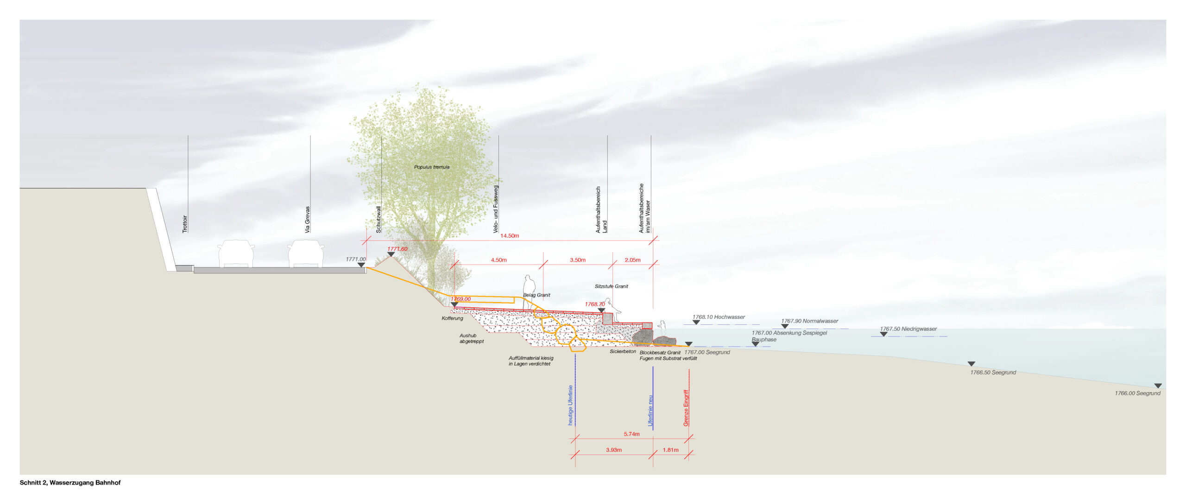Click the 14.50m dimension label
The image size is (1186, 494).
pyautogui.click(x=509, y=236)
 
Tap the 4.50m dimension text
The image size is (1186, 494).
pyautogui.click(x=498, y=260)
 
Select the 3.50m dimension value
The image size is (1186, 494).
pyautogui.click(x=577, y=260)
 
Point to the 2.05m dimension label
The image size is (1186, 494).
pyautogui.click(x=632, y=260)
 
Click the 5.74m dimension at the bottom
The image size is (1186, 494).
pyautogui.click(x=631, y=434)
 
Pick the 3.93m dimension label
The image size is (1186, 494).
pyautogui.click(x=613, y=450)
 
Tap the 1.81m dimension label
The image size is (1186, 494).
pyautogui.click(x=670, y=450)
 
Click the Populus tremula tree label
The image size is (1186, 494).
pyautogui.click(x=431, y=167)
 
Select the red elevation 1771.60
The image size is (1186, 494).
pyautogui.click(x=397, y=249)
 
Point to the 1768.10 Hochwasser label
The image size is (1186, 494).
pyautogui.click(x=719, y=317)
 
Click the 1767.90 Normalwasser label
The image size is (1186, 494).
pyautogui.click(x=809, y=321)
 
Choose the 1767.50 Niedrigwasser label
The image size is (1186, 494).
pyautogui.click(x=908, y=329)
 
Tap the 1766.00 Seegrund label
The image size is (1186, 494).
pyautogui.click(x=1137, y=393)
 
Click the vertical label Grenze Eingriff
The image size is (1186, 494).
pyautogui.click(x=686, y=408)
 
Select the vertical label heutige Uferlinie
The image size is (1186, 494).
pyautogui.click(x=570, y=405)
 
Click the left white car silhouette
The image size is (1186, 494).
pyautogui.click(x=236, y=254)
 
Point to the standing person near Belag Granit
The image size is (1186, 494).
pyautogui.click(x=529, y=292)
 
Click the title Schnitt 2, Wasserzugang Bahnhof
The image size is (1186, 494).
pyautogui.click(x=70, y=482)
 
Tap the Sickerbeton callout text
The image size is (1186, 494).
pyautogui.click(x=623, y=352)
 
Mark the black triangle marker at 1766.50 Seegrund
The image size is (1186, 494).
pyautogui.click(x=972, y=364)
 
